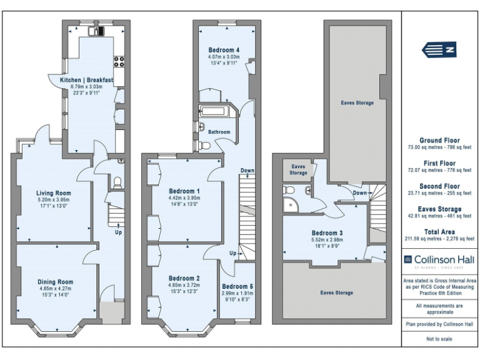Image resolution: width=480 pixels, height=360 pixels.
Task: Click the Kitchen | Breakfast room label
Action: tap(86, 80)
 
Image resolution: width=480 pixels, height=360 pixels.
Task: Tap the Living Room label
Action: tap(53, 193)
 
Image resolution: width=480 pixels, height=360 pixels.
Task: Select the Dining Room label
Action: tap(56, 282)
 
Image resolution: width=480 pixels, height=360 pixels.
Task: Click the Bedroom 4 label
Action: tap(224, 49)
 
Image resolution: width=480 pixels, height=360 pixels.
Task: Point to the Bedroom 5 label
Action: tap(237, 287)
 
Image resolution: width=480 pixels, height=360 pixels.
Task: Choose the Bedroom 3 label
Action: tap(327, 233)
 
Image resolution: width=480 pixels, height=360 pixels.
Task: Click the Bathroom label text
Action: tap(219, 132)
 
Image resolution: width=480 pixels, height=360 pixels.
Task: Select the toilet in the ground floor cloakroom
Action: tap(116, 182)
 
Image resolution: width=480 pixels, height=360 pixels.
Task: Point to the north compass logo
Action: tap(439, 49)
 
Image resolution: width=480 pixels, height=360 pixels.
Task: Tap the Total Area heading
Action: tap(439, 232)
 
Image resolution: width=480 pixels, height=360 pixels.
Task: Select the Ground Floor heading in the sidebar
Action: tap(439, 141)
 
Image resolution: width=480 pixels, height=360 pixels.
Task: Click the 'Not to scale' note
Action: tap(439, 339)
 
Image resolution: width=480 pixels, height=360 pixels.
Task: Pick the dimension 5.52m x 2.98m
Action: tap(327, 240)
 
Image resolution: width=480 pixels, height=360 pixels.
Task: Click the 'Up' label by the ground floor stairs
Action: tap(118, 232)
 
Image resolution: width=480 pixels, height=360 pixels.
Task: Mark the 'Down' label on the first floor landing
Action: tap(247, 171)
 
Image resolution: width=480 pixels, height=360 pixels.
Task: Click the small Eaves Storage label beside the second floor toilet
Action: tap(298, 169)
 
